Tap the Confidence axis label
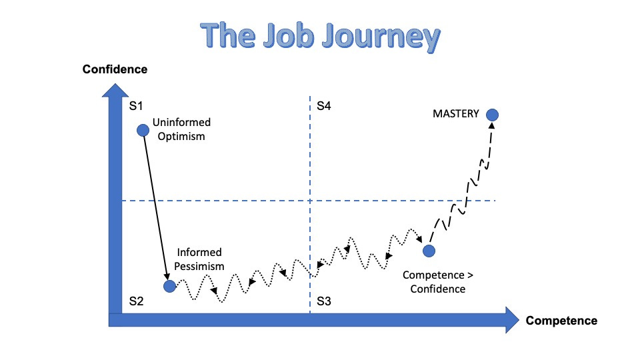115,69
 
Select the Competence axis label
561,321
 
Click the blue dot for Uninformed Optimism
142,130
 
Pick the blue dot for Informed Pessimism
170,286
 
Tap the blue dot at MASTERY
492,115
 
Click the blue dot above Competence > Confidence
429,251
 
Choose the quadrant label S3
324,301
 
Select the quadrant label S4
324,105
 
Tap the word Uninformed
181,123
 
